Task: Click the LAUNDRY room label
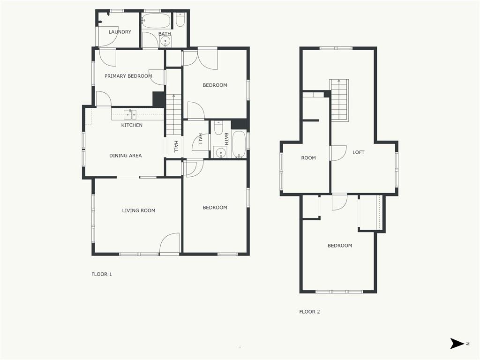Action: [120, 32]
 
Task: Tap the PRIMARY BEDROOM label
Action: [128, 76]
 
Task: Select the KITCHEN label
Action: [132, 125]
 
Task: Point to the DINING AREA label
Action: [126, 156]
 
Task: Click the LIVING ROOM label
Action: [139, 210]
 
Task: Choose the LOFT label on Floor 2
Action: [359, 152]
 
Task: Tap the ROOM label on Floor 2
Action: [308, 158]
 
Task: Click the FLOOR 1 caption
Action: [102, 274]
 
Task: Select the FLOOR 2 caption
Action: [309, 312]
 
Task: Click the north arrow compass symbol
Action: [457, 344]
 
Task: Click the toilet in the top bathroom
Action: [180, 19]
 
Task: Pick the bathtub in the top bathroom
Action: [156, 21]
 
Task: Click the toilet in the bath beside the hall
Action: [218, 127]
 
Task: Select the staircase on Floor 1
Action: [173, 115]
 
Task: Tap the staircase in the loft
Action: [339, 100]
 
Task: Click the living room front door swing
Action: [170, 243]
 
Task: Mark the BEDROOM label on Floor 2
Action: [340, 246]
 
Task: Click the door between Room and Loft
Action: [337, 153]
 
